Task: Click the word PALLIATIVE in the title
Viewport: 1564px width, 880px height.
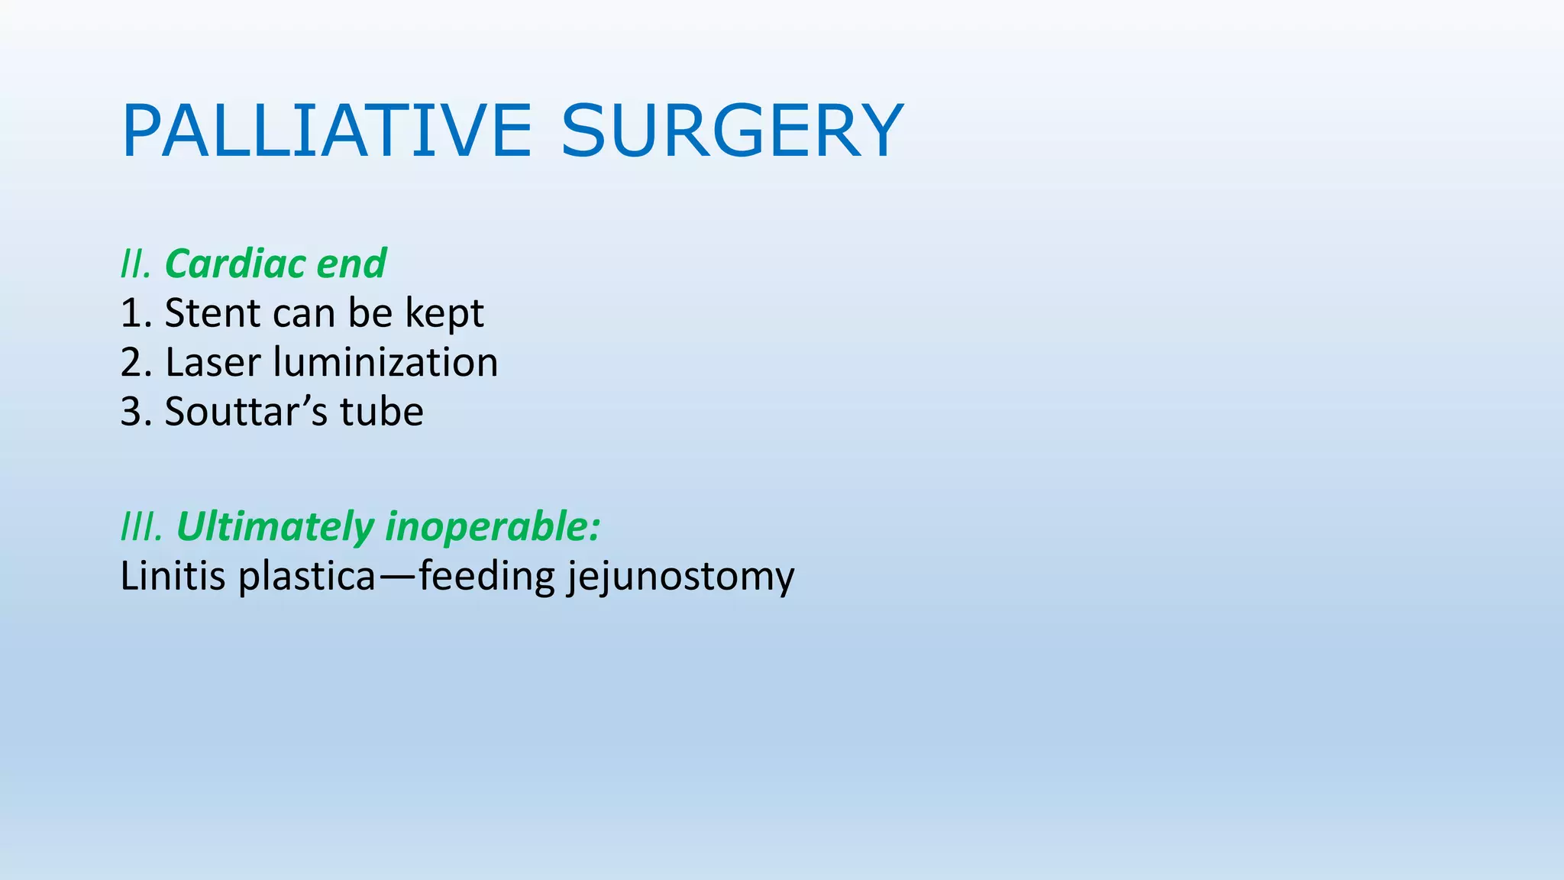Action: click(x=326, y=131)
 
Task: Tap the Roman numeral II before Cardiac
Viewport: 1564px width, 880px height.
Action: click(x=134, y=264)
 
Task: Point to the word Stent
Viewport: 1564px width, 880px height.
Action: click(x=212, y=313)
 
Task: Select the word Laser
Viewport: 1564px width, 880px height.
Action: click(x=212, y=363)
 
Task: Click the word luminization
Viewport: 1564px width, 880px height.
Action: click(x=385, y=363)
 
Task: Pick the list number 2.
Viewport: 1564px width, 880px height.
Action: click(x=133, y=363)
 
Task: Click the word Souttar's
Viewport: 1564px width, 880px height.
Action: click(x=246, y=412)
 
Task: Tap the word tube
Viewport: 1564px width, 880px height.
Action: click(x=381, y=412)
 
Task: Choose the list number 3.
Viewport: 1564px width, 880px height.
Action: click(x=133, y=412)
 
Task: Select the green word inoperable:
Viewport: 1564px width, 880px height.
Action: click(x=493, y=528)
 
